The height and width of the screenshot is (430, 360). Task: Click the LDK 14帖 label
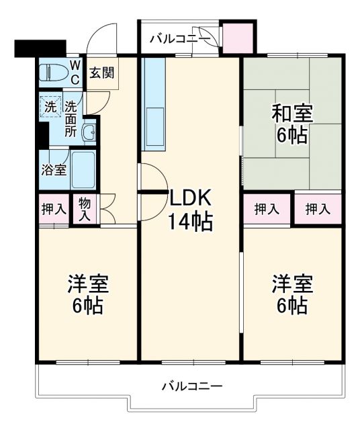191,209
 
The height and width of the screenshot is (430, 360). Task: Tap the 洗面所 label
71,118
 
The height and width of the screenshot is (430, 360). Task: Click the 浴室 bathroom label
54,169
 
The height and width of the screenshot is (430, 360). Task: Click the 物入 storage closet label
85,210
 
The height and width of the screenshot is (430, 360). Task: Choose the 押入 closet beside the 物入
53,209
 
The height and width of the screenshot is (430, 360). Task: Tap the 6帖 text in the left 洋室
88,306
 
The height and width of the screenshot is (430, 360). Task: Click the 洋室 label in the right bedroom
292,284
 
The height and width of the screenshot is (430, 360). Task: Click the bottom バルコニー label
191,386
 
